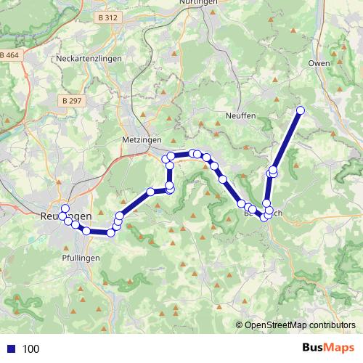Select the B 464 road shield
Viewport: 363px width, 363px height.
[9, 56]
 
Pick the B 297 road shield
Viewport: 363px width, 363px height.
[71, 101]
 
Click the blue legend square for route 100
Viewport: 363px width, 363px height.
[12, 349]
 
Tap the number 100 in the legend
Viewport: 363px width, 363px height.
[30, 349]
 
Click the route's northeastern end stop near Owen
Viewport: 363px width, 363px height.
[300, 110]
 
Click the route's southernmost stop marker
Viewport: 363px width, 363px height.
[111, 232]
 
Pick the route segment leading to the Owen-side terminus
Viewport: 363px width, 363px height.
[287, 140]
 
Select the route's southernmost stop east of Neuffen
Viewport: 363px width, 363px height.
[264, 217]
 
